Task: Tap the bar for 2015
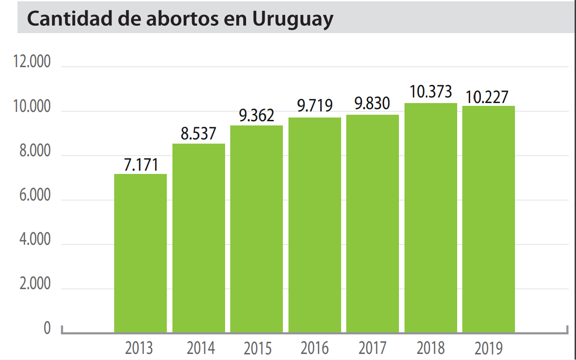pos(256,229)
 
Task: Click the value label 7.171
pos(141,165)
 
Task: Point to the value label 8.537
pos(199,134)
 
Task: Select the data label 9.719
pos(315,106)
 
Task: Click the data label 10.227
pos(488,97)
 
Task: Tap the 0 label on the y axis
pos(47,328)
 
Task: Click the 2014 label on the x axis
pos(201,348)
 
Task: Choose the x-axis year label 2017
pos(372,348)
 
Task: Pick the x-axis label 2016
pos(315,348)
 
